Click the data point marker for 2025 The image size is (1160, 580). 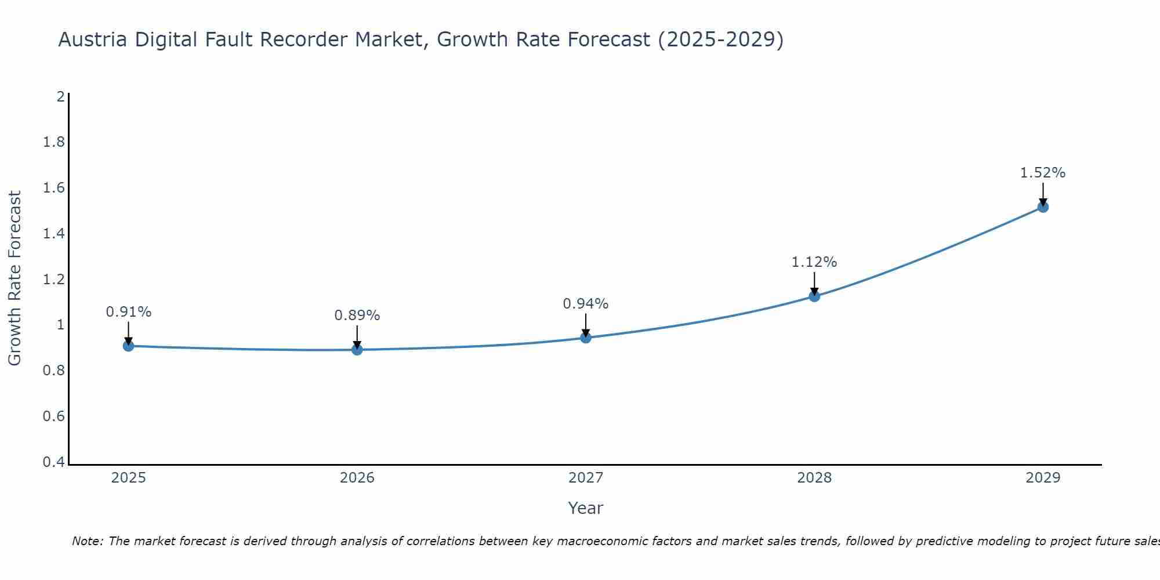pos(129,346)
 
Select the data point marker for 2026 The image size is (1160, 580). pos(357,350)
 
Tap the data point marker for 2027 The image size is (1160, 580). pos(586,338)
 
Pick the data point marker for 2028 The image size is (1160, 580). pos(814,296)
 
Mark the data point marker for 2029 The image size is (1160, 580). pos(1043,207)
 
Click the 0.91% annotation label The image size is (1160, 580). pos(129,312)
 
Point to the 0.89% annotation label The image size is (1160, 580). pos(357,316)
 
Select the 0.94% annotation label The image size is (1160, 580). pos(586,304)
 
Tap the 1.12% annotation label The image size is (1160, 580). pos(814,262)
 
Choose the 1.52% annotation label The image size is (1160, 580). pos(1043,173)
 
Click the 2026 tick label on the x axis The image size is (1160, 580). pos(357,478)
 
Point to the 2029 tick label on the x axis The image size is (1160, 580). pos(1043,478)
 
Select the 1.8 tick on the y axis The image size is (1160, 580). pos(54,142)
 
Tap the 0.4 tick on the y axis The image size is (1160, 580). pos(54,462)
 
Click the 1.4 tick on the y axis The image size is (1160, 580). pos(54,234)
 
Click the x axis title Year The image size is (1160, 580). pos(586,508)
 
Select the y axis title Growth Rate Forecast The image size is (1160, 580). pos(14,278)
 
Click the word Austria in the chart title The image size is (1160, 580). pos(93,40)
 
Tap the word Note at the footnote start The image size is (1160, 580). pos(87,541)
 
